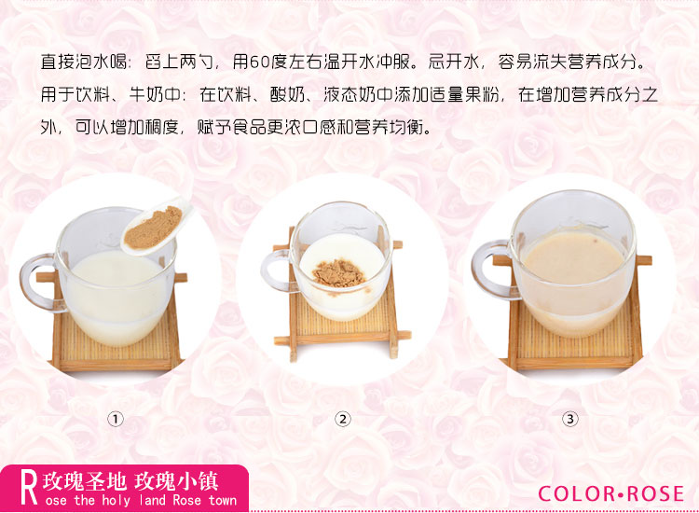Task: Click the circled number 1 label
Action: (x=116, y=420)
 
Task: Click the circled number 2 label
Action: (x=343, y=420)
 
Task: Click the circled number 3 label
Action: (x=570, y=420)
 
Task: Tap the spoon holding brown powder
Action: (x=156, y=226)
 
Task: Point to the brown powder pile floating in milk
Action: (x=339, y=273)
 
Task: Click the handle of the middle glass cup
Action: (x=276, y=270)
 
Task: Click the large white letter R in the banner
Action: (x=30, y=489)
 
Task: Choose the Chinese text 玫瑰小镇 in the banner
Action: (x=176, y=481)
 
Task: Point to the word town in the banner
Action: (x=222, y=500)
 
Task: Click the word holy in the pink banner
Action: (x=116, y=501)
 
